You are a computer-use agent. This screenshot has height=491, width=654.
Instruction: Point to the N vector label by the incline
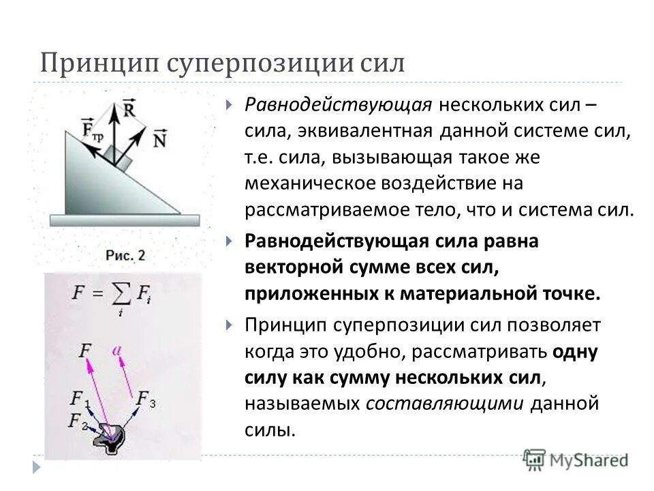(161, 138)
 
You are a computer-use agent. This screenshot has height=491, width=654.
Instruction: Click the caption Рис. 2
(125, 255)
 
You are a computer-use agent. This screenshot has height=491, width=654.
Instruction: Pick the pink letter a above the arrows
(118, 350)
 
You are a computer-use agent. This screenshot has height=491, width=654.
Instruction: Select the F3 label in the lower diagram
(146, 398)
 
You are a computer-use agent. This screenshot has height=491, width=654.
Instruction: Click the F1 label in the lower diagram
(80, 398)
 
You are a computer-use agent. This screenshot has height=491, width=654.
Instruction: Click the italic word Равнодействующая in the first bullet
(339, 106)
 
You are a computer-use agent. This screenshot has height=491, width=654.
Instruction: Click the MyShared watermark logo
(576, 459)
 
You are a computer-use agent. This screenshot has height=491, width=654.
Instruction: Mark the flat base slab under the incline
(125, 220)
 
